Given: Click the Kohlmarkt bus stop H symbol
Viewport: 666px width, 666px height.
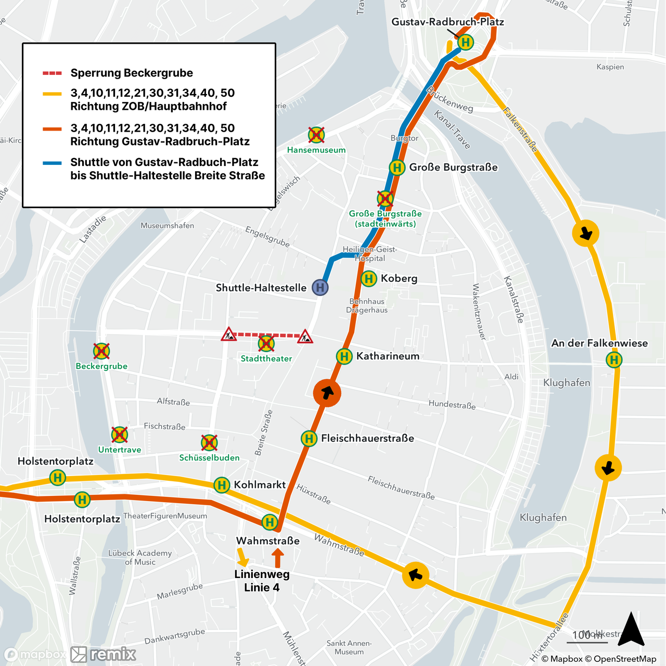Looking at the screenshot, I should point(222,485).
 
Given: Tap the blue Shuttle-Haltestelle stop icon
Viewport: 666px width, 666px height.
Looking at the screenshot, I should point(320,287).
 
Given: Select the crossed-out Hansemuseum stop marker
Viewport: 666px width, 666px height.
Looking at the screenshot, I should point(316,135).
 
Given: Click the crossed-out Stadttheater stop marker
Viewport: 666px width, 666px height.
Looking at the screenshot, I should point(266,343).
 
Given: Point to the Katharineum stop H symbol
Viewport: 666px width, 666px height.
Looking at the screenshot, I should point(344,356).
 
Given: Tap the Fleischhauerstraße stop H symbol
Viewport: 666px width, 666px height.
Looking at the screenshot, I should point(309,439).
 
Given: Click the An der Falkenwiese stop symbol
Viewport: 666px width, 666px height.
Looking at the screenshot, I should point(614,360).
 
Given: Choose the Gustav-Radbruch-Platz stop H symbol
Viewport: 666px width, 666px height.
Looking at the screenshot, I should point(466,42).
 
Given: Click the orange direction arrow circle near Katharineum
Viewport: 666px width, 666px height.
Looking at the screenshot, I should point(327,393).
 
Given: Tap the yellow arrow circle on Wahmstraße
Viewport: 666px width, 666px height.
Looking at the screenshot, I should point(415,575).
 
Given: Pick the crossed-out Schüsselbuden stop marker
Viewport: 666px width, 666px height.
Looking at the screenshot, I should point(209,443).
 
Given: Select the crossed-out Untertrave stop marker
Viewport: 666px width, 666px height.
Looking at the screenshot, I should point(120,434).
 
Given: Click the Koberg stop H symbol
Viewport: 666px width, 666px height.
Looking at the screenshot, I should point(368,278).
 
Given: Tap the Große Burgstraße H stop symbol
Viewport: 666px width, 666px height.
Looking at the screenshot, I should point(397,168).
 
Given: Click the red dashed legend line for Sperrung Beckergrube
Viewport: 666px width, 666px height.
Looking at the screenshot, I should point(52,73).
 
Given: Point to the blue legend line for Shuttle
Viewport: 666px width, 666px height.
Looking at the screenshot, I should point(52,163).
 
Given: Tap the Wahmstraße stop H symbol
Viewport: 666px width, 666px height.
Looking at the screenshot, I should point(270,521).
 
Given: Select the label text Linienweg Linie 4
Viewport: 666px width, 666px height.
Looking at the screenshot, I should point(262,581).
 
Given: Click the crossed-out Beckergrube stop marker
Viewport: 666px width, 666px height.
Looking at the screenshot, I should point(101,351).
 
